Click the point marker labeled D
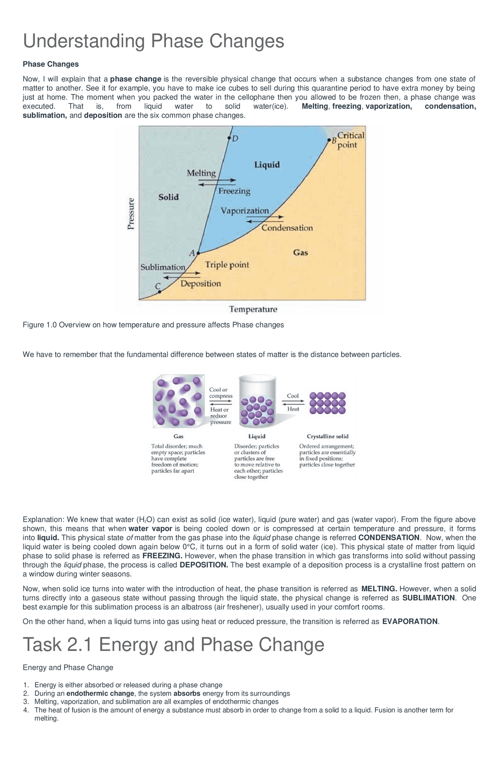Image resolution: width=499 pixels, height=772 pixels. pyautogui.click(x=229, y=138)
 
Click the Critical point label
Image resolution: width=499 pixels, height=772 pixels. pyautogui.click(x=350, y=140)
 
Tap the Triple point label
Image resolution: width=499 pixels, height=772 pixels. pyautogui.click(x=227, y=265)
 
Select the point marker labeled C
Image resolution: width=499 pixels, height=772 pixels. pyautogui.click(x=159, y=292)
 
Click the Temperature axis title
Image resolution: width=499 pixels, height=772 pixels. pyautogui.click(x=253, y=310)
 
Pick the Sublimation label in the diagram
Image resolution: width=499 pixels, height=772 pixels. pyautogui.click(x=163, y=267)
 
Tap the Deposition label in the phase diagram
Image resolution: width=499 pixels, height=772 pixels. pyautogui.click(x=200, y=284)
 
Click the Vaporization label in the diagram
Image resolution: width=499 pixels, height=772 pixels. pyautogui.click(x=245, y=211)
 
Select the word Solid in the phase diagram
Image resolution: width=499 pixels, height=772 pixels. pyautogui.click(x=168, y=197)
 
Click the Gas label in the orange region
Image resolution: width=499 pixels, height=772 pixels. pyautogui.click(x=301, y=253)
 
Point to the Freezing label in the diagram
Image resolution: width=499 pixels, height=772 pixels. pyautogui.click(x=234, y=191)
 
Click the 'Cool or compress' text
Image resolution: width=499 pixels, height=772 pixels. pyautogui.click(x=221, y=393)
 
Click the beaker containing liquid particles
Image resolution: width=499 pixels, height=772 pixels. pyautogui.click(x=257, y=401)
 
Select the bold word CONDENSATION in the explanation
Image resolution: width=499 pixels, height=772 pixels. pyautogui.click(x=389, y=537)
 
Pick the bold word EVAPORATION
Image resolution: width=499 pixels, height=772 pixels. pyautogui.click(x=410, y=621)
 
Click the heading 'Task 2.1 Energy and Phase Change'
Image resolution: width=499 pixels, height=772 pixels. pyautogui.click(x=173, y=644)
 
